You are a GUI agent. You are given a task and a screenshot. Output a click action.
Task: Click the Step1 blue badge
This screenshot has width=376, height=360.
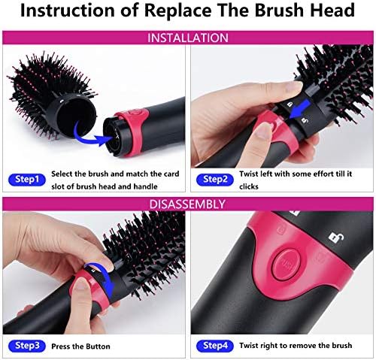[x=27, y=180]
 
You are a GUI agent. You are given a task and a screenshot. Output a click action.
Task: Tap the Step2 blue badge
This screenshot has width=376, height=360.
[x=215, y=180]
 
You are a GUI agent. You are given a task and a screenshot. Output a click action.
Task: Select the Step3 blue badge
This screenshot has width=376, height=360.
[x=27, y=346]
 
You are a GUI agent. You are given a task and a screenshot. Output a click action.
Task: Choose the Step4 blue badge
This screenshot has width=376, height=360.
[x=215, y=346]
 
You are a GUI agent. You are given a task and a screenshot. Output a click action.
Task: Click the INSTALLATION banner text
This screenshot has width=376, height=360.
[x=188, y=38]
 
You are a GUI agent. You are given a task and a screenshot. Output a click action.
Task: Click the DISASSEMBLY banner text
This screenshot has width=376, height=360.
[x=187, y=204]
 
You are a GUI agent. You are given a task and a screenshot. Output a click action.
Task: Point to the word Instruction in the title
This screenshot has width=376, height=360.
[x=67, y=11]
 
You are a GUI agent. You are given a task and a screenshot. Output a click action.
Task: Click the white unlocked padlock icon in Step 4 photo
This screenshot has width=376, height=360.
[x=336, y=237]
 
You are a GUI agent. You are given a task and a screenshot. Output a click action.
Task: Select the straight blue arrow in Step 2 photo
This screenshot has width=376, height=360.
[x=300, y=108]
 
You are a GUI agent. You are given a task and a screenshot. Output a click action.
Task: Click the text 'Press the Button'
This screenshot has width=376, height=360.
[x=80, y=346]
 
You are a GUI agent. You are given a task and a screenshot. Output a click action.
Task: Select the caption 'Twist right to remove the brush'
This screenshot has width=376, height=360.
[x=296, y=346]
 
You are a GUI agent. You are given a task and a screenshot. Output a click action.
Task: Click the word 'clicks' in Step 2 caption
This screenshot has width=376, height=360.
[x=249, y=186]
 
